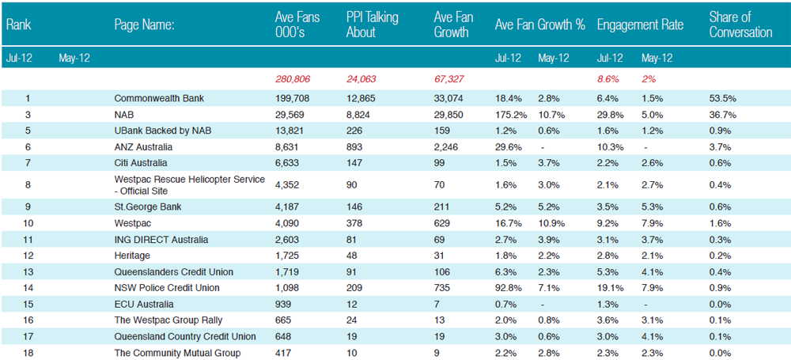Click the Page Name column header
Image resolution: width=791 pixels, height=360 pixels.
click(144, 25)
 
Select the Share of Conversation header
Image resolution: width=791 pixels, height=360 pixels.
click(740, 25)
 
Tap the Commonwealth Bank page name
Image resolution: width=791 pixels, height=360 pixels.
click(159, 98)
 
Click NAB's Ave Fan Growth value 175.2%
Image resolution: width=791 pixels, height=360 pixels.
click(511, 115)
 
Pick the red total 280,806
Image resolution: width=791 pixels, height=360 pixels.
click(293, 79)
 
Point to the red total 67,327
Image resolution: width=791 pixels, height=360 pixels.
click(449, 79)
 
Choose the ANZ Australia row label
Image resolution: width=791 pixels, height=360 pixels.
click(143, 147)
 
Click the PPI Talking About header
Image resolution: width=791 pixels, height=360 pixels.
click(372, 25)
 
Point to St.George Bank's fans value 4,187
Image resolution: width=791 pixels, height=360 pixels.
click(287, 207)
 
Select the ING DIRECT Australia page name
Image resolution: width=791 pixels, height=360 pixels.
click(161, 240)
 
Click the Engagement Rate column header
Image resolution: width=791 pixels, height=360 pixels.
click(640, 25)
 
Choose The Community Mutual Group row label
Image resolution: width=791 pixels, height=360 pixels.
click(177, 353)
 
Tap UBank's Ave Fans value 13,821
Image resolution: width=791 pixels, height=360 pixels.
click(290, 131)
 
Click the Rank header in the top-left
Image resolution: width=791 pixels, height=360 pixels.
click(19, 25)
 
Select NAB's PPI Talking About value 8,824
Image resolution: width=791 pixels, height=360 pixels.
click(358, 115)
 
